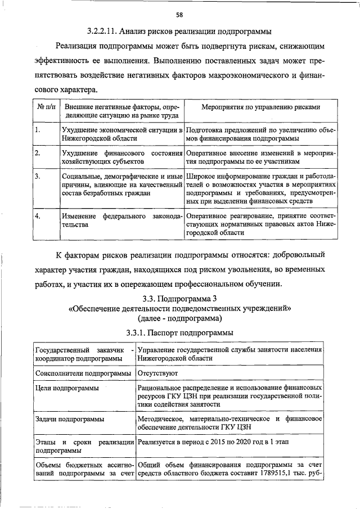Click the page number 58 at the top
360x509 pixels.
pos(179,14)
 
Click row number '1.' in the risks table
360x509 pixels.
pos(37,130)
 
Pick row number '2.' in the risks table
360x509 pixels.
pos(37,153)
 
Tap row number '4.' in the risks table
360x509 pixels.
pos(37,216)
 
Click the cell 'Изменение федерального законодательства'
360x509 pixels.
pos(121,220)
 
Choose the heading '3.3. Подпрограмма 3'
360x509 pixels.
pos(179,298)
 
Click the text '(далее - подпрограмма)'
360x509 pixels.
pos(179,318)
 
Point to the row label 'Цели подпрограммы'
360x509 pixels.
pos(67,388)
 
